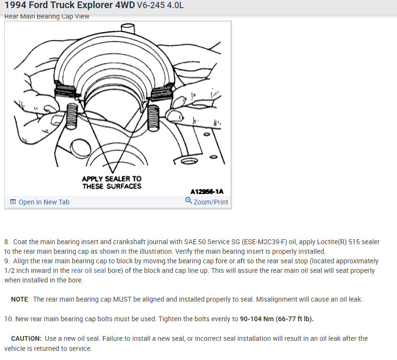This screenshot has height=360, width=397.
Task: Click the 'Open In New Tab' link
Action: coord(44,202)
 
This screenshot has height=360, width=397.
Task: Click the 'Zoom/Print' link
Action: coord(210,202)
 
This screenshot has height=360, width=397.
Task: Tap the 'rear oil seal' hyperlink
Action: coord(88,270)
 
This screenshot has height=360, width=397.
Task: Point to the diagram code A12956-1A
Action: coord(207,191)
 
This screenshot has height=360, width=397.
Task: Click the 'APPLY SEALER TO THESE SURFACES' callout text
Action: coord(111,182)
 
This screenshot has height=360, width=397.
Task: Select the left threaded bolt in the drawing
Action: coord(71,116)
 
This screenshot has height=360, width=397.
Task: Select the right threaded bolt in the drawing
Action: coord(153,118)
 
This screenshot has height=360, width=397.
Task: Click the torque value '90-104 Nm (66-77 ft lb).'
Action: coord(277,319)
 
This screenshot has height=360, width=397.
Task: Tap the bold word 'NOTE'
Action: coord(20,299)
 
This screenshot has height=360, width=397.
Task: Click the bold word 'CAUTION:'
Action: coord(26,338)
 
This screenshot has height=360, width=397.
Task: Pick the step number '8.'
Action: coord(7,242)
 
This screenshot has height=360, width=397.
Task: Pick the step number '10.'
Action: coord(9,319)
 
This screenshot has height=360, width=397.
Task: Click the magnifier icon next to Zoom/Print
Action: coord(188,201)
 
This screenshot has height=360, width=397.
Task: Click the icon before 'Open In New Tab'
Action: coord(13,202)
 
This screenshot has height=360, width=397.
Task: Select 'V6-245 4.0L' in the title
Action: coord(160,5)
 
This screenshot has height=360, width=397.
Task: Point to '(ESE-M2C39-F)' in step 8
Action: coord(265,242)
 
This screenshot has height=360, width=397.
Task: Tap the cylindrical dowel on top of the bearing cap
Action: coord(128,28)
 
